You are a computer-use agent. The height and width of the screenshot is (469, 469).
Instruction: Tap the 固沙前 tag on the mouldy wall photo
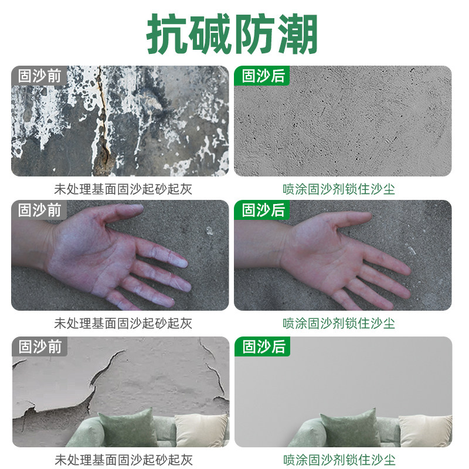tap(39, 76)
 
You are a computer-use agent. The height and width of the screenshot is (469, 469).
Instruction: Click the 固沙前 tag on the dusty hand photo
tap(39, 210)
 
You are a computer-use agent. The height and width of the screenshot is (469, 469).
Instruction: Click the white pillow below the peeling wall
tap(200, 430)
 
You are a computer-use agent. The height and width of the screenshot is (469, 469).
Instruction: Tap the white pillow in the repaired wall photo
tap(424, 431)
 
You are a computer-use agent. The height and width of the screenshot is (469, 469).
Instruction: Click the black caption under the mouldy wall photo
tap(123, 189)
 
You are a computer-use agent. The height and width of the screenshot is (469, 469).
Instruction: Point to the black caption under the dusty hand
tap(123, 323)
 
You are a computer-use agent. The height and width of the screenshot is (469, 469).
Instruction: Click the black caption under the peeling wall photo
tap(123, 459)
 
